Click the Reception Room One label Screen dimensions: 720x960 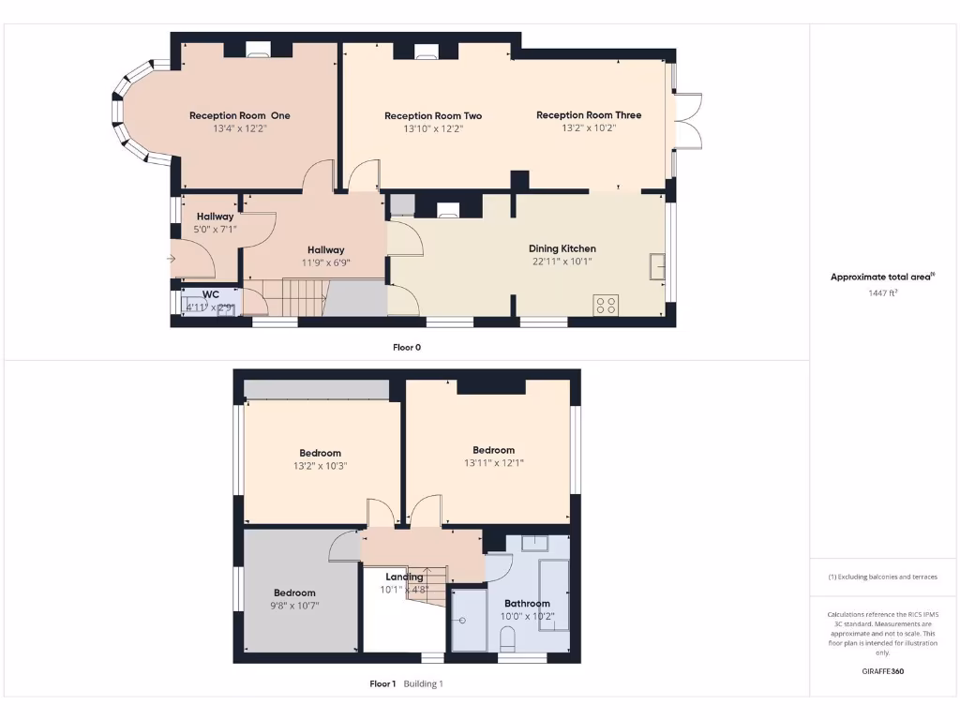239,115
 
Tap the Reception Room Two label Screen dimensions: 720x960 433,115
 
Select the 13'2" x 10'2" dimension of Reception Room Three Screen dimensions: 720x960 589,128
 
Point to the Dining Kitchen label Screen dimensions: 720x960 562,248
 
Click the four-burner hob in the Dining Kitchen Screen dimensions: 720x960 606,305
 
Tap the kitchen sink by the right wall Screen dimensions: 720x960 657,266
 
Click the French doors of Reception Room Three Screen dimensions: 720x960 689,121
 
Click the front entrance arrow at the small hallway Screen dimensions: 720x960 172,258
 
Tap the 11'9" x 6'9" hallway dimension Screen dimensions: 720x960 326,263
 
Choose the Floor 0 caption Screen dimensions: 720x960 407,347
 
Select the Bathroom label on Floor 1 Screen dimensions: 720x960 527,604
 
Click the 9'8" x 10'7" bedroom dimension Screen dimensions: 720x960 294,606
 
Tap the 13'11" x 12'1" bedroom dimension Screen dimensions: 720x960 493,462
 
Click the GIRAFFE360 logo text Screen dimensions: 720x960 882,671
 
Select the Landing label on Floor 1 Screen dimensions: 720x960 404,577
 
